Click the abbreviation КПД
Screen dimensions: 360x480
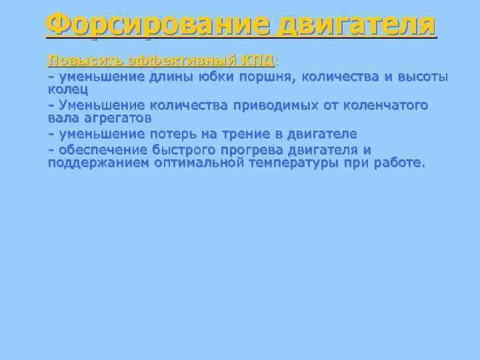(259, 61)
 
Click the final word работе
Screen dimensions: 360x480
(399, 163)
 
